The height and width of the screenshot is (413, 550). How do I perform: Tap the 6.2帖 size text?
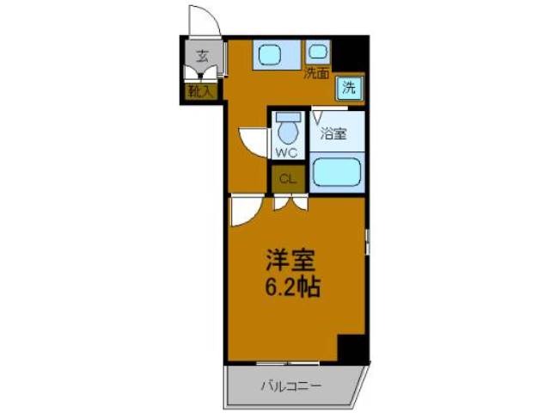tap(292, 287)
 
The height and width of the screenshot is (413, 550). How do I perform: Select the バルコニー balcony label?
tap(291, 386)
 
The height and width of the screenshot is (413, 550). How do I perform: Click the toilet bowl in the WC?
tap(286, 132)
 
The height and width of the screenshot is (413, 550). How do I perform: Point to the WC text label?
tap(286, 154)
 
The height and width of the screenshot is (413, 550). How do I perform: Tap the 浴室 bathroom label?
tap(333, 134)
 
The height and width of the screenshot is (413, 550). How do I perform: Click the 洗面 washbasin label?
tap(316, 73)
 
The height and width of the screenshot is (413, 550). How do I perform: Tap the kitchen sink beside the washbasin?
tap(273, 54)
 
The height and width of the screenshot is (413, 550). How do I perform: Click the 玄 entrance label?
tap(202, 59)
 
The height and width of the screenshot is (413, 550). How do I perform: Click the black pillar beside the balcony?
tap(352, 348)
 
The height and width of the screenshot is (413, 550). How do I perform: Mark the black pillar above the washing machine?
tap(351, 53)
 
